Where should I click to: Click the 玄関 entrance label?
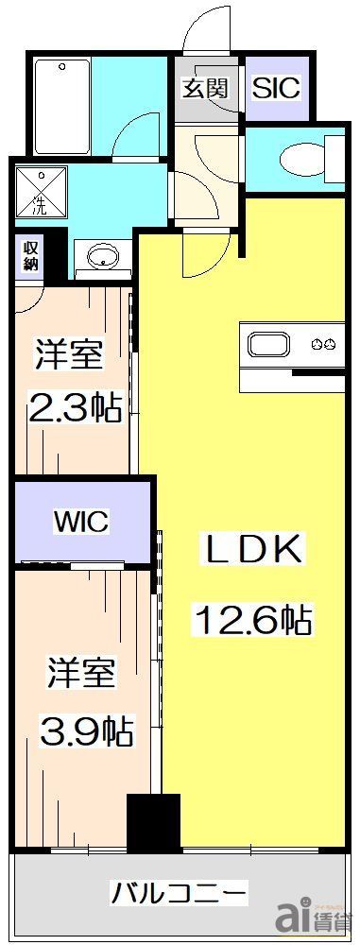coord(205,89)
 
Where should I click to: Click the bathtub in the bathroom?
coord(62,107)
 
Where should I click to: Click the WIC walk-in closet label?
coord(80,522)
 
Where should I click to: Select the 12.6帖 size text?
coord(252,621)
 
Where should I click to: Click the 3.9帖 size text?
coord(83,730)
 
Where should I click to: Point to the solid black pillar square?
coord(153,822)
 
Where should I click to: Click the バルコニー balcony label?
coord(179,892)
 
